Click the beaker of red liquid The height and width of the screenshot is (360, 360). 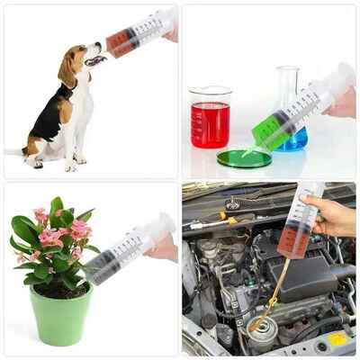tap(211, 124)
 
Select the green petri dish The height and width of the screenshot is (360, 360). tap(243, 159)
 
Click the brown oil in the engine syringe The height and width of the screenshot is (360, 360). tap(290, 241)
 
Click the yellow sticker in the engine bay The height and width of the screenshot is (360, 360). tap(336, 339)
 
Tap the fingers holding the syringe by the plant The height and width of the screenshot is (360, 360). tap(163, 247)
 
